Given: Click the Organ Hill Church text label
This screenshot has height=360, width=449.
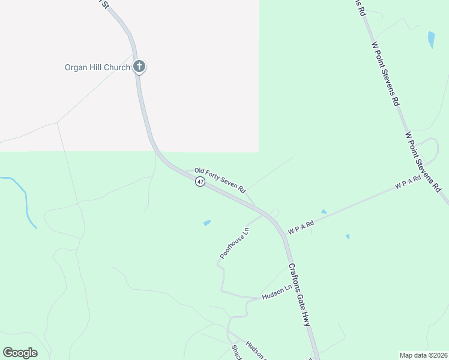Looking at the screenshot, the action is (97, 67).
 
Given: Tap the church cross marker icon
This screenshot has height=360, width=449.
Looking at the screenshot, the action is (139, 67).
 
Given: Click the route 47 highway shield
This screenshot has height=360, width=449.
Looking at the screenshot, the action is (200, 182).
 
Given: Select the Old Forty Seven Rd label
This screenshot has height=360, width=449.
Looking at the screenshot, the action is (220, 180).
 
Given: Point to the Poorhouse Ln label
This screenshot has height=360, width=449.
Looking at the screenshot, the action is (234, 244).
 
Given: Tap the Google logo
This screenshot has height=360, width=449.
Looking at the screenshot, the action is (20, 353).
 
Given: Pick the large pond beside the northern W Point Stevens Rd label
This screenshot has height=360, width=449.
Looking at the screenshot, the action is (431, 40).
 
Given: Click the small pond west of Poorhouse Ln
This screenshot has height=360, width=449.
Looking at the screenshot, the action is (207, 223).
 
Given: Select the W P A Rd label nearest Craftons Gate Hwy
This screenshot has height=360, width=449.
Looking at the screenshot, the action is (301, 227).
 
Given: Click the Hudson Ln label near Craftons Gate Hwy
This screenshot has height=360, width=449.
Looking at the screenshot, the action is (276, 294).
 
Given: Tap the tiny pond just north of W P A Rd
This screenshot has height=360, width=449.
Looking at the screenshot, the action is (324, 211).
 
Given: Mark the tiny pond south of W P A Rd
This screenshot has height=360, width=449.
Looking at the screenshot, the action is (348, 236).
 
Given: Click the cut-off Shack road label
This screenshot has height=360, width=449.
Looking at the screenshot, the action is (235, 353).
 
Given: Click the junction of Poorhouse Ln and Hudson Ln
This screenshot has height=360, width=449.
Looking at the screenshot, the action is (223, 290).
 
